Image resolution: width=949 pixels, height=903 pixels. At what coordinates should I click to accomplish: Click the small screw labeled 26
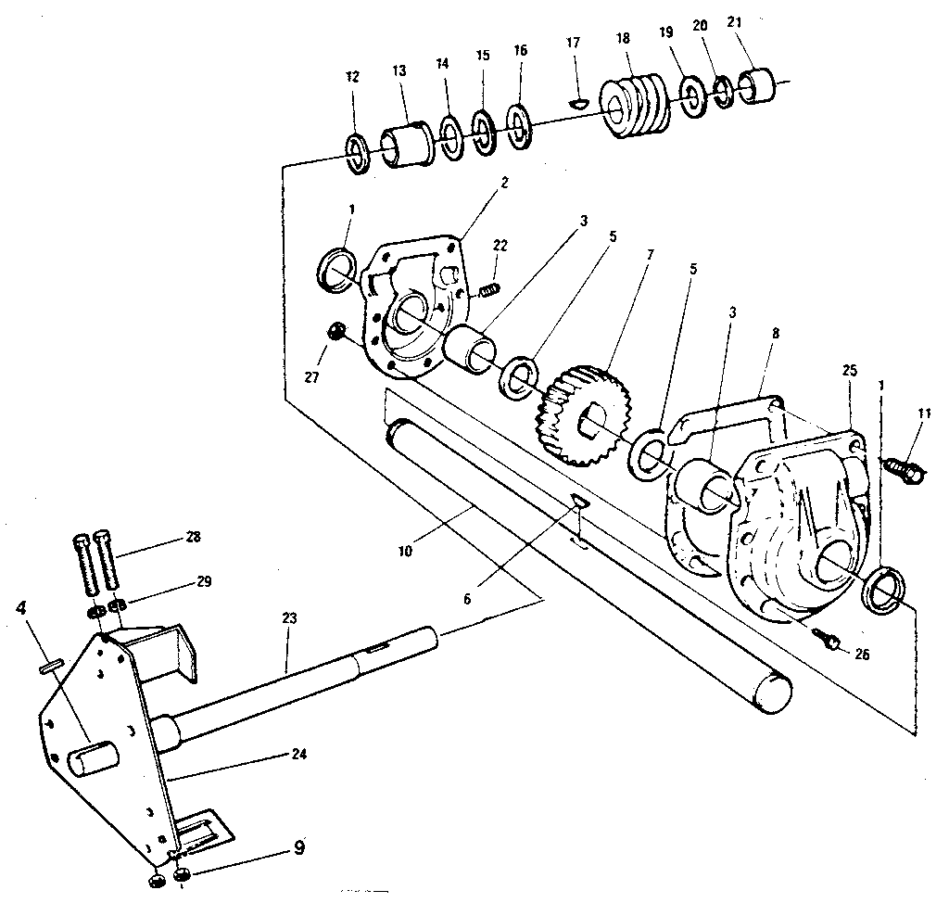[x=829, y=639]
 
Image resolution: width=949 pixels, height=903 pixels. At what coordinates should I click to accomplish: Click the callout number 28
[x=192, y=537]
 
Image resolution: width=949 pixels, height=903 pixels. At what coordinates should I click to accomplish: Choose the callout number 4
[x=21, y=611]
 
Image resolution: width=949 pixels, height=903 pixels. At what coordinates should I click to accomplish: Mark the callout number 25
[x=850, y=370]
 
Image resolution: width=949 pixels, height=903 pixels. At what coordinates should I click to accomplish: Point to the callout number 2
[x=504, y=183]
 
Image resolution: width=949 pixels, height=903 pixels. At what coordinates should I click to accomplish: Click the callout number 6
[x=468, y=599]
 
